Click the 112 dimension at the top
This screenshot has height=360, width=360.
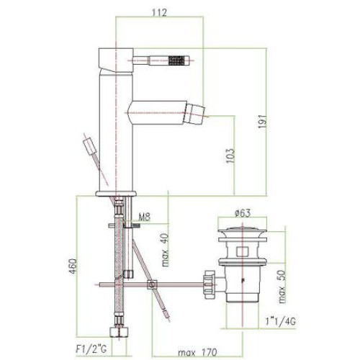tap(159, 12)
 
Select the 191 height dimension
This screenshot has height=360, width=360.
tap(262, 122)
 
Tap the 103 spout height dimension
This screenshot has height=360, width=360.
tap(230, 156)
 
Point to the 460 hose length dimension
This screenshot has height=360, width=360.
tap(73, 266)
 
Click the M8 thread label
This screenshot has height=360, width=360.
tap(145, 217)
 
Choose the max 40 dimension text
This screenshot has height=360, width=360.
tap(166, 250)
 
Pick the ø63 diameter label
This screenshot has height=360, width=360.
tap(243, 213)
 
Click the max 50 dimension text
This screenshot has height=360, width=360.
tap(282, 287)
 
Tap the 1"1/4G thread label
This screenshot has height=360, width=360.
tap(280, 321)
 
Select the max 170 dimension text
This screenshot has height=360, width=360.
tap(197, 352)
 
